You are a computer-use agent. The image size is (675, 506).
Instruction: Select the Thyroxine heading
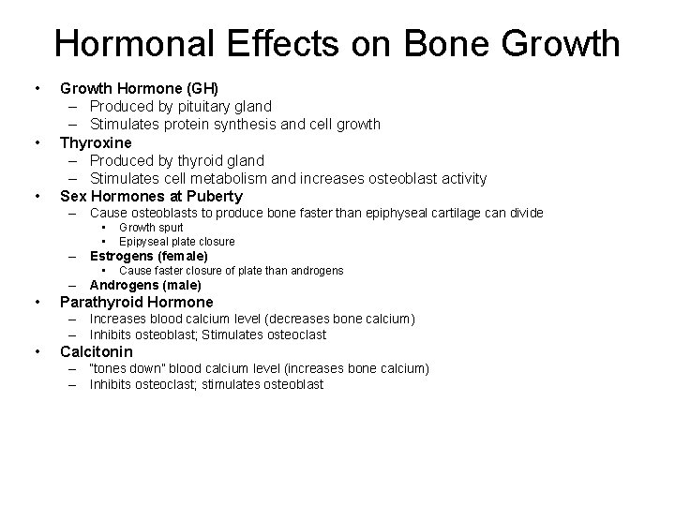pos(96,142)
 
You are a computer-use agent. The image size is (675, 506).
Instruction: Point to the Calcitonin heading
pos(97,352)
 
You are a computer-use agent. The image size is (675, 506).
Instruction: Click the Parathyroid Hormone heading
pos(137,302)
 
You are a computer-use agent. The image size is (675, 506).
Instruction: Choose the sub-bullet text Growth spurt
pos(151,228)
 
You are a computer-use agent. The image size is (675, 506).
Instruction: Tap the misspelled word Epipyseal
pos(143,241)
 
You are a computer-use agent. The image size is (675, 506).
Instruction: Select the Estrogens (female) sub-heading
pos(149,256)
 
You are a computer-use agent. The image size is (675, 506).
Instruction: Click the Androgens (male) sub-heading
pos(145,285)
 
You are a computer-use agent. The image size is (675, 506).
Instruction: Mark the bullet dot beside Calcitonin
pos(37,353)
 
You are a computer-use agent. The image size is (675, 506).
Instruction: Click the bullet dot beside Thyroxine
pos(37,143)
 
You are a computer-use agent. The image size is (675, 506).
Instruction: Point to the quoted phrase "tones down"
pos(125,369)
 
